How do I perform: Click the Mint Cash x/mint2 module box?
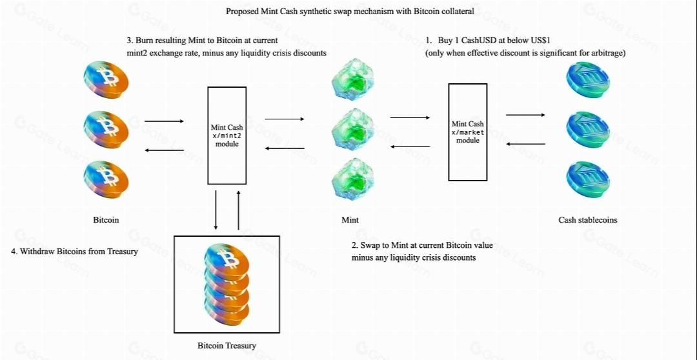click(226, 135)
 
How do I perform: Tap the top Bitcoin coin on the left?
click(106, 80)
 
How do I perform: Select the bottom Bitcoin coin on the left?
click(106, 177)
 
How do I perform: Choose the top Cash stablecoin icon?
click(587, 80)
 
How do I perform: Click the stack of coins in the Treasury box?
click(227, 285)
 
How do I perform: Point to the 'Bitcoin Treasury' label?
click(227, 346)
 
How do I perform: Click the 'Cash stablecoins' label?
click(587, 220)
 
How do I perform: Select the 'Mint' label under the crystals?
click(350, 220)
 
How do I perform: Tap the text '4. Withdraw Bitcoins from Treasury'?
click(74, 252)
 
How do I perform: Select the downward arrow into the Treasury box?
click(216, 210)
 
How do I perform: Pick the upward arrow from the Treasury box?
click(238, 210)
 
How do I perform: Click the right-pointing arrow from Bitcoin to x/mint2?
click(164, 121)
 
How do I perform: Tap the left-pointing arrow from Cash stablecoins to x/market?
click(525, 144)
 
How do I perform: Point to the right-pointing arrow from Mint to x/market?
click(410, 117)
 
